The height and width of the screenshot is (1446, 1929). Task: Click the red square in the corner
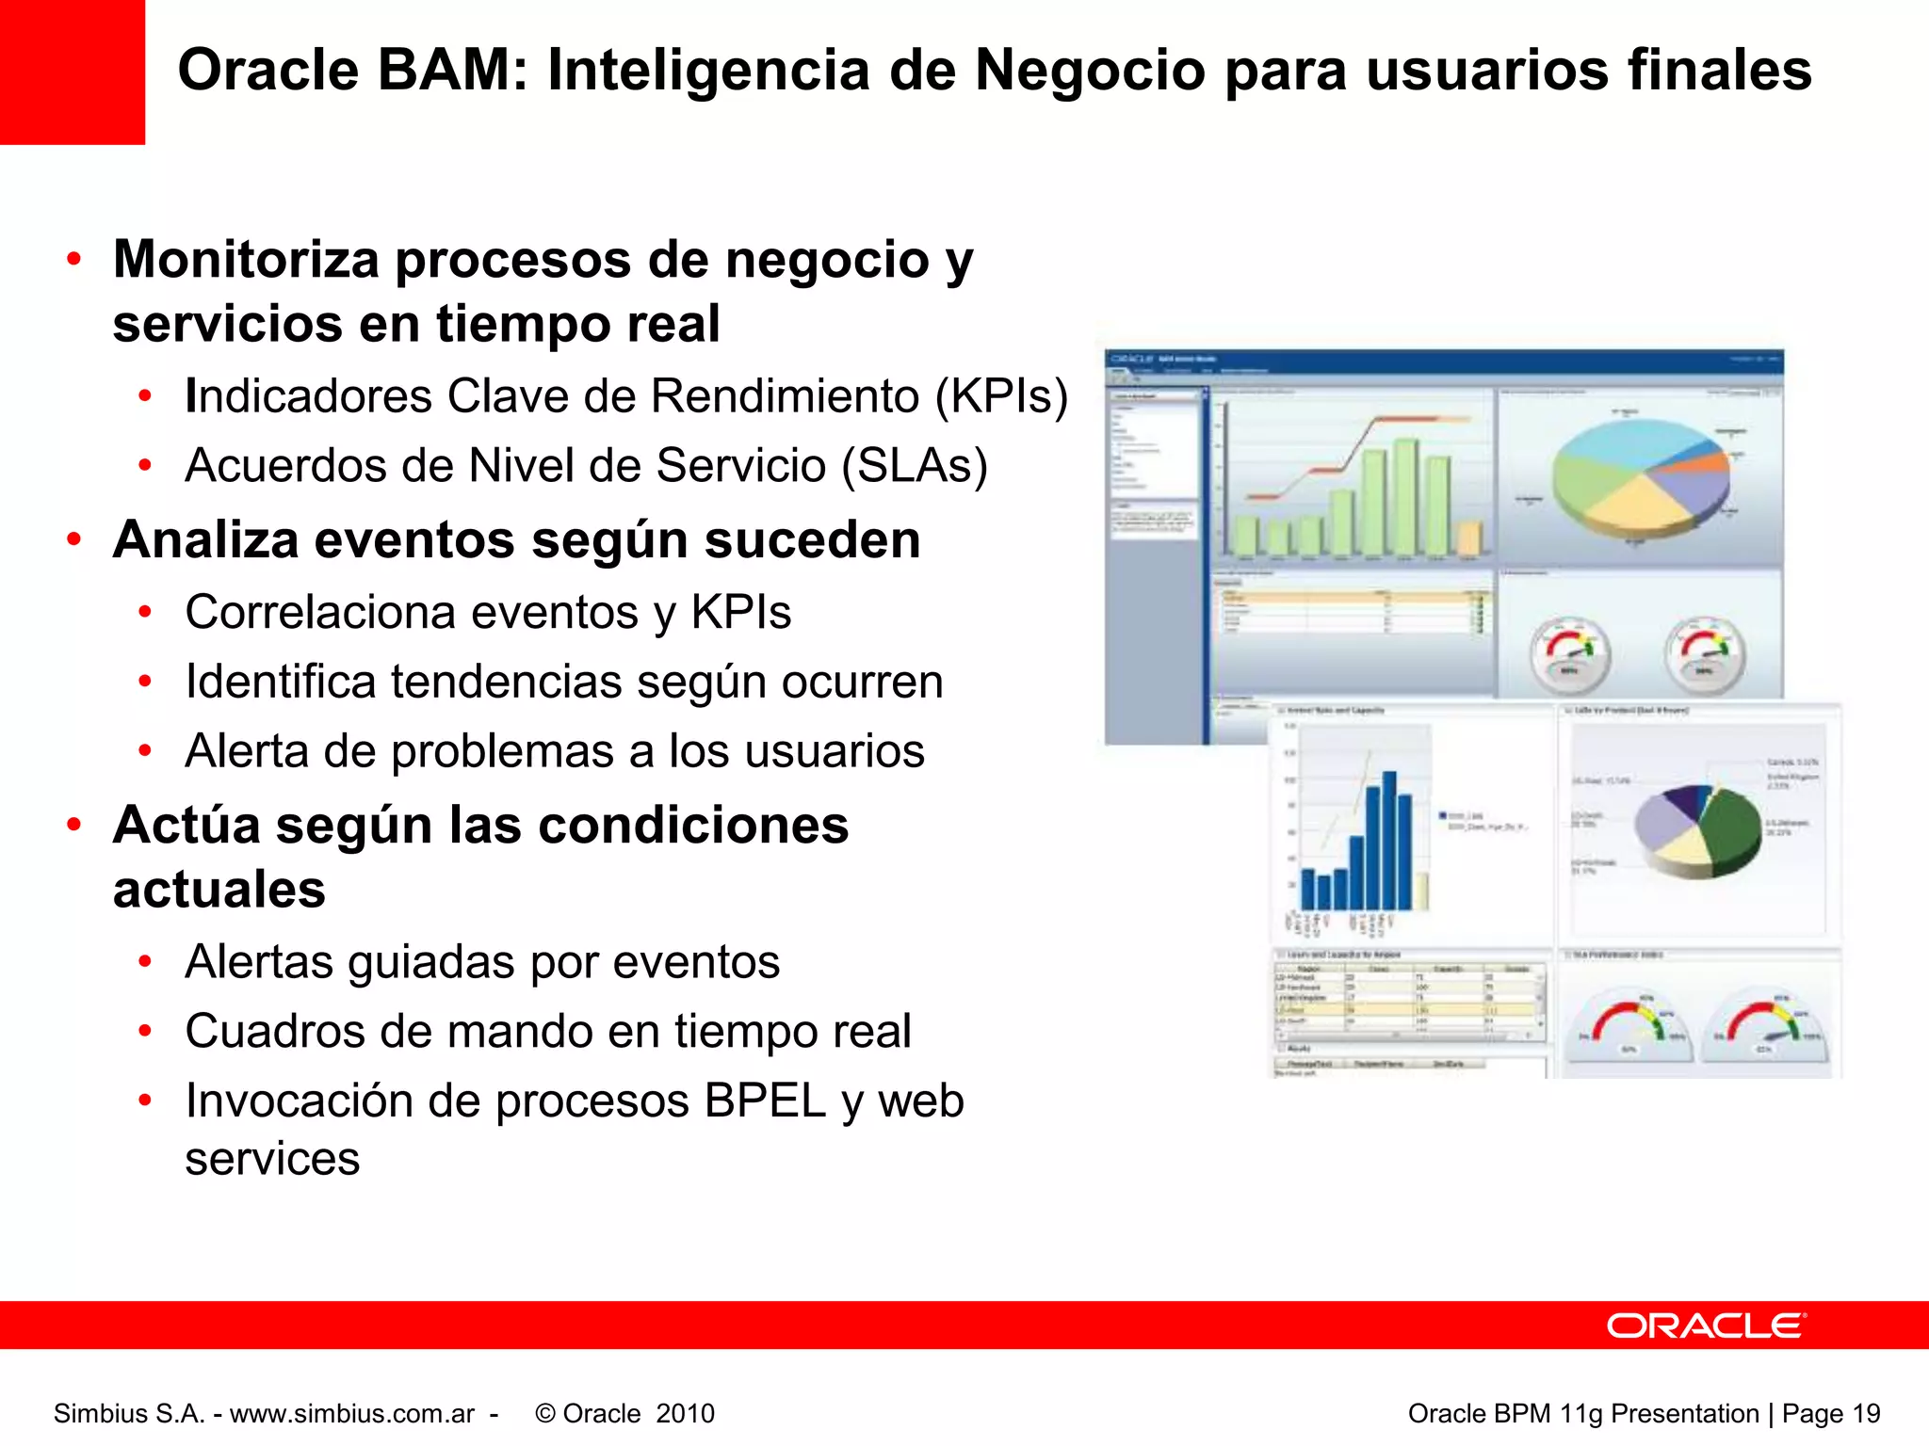(x=72, y=72)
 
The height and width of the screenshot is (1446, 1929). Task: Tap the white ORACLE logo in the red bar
(x=1706, y=1325)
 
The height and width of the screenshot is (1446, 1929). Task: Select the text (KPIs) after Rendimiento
(x=1001, y=396)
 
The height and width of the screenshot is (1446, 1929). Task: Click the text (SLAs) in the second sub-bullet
(x=915, y=466)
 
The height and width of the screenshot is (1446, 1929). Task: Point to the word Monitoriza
(x=245, y=260)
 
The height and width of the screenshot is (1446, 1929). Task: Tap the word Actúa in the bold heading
(x=186, y=826)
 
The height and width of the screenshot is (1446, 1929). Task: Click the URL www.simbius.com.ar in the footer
(x=352, y=1414)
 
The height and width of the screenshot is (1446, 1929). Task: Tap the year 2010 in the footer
(x=685, y=1414)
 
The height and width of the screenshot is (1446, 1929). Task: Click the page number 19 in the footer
(x=1865, y=1414)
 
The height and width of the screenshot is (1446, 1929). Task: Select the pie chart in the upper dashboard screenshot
(x=1641, y=479)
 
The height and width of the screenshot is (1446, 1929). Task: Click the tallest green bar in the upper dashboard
(x=1405, y=497)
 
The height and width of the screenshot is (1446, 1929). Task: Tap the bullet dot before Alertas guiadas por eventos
(x=145, y=962)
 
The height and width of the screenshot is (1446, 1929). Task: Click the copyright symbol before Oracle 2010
(x=544, y=1414)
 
